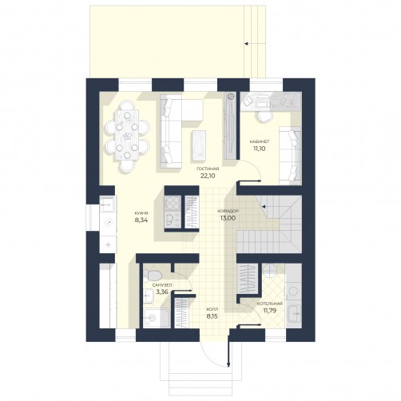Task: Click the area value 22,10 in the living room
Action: [208, 176]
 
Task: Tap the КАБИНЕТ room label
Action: [260, 141]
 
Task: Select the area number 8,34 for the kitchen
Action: [141, 220]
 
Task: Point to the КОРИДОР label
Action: [228, 211]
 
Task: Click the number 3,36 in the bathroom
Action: [162, 292]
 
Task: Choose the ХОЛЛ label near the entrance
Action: [212, 310]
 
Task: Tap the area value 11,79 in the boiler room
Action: [270, 311]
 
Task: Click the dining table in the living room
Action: [127, 135]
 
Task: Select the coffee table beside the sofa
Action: [198, 145]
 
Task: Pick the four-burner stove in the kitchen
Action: [173, 203]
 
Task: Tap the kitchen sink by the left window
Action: [107, 204]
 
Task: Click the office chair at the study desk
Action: [264, 116]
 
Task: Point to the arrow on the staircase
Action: [264, 207]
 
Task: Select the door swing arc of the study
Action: [255, 167]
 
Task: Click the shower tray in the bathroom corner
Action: [157, 318]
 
